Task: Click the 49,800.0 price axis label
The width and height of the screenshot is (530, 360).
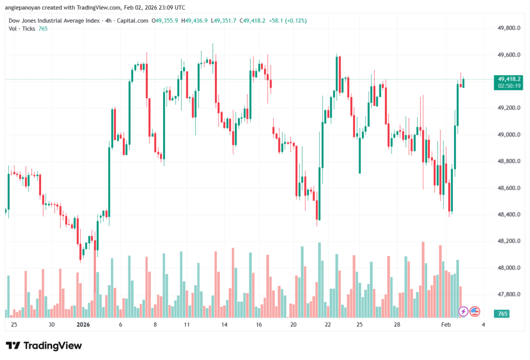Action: pos(508,28)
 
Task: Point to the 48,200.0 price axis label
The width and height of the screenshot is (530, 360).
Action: pos(508,241)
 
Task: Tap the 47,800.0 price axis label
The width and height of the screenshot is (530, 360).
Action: pos(508,294)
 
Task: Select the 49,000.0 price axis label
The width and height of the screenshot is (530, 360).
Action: pos(508,134)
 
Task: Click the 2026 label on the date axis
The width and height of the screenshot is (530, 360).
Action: pos(83,325)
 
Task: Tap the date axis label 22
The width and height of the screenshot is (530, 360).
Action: pos(328,325)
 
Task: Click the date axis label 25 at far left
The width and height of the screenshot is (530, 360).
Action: pos(14,325)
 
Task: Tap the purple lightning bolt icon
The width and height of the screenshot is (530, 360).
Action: pos(463,311)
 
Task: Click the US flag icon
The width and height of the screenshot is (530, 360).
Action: pos(475,311)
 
